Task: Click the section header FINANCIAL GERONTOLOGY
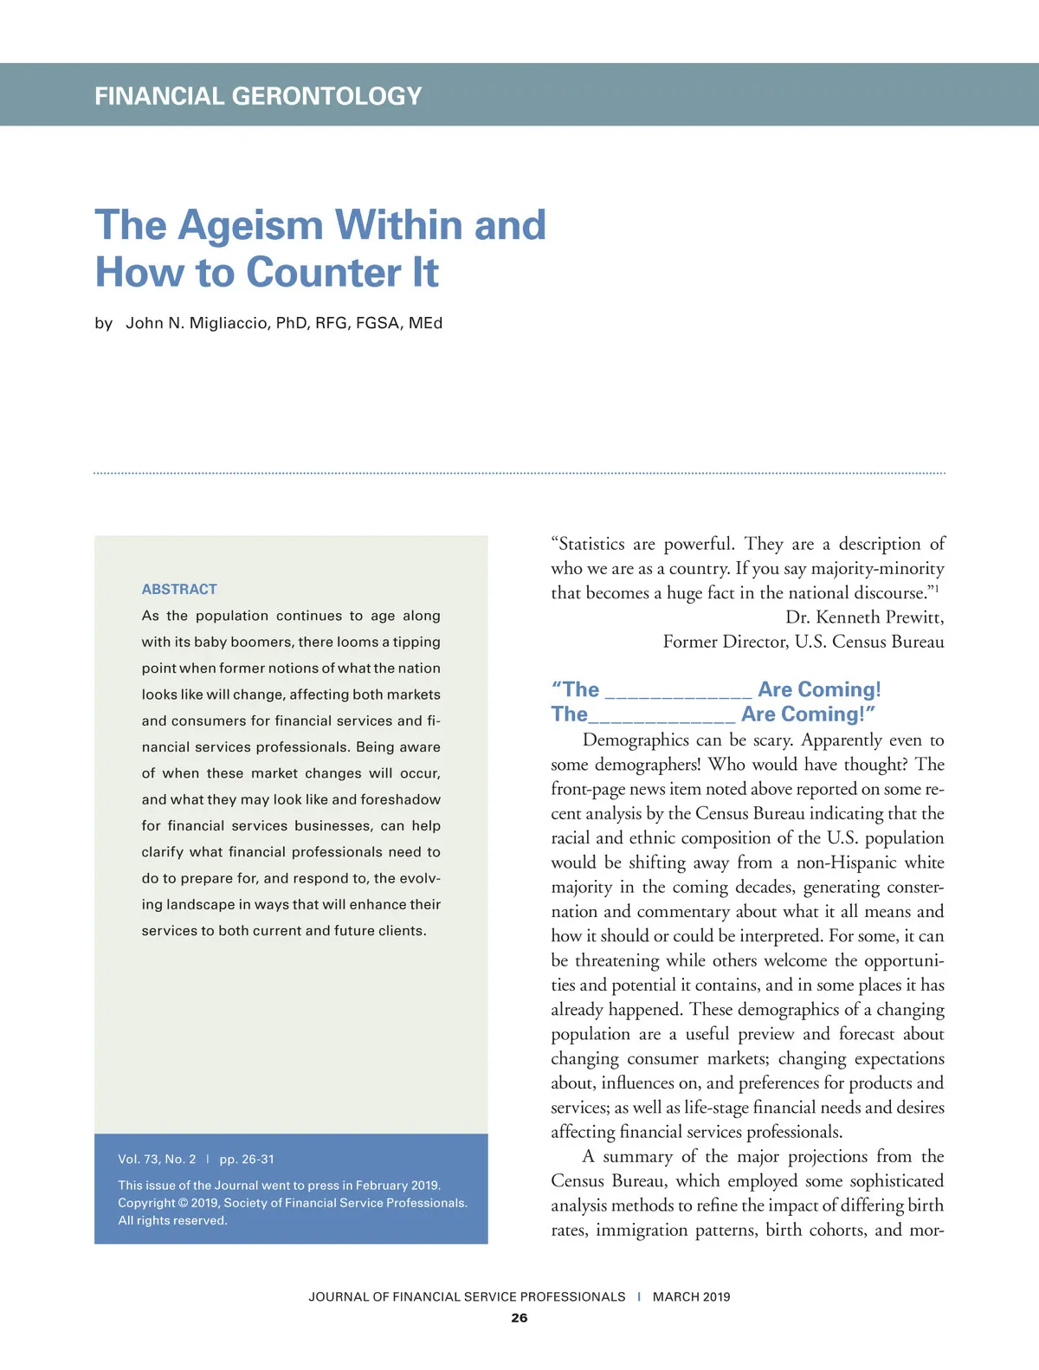tap(258, 95)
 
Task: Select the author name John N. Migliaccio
tap(197, 323)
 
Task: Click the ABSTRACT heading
tap(179, 589)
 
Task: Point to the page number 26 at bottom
tap(519, 1317)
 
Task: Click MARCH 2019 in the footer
tap(691, 1296)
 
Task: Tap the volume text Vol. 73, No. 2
tap(157, 1159)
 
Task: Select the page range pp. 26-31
tap(247, 1159)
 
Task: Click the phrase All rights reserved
tap(172, 1220)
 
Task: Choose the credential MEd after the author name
tap(425, 323)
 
